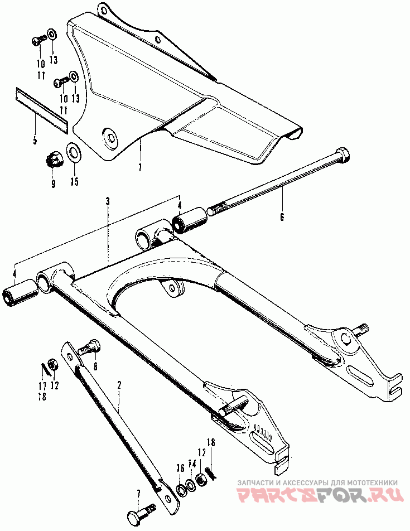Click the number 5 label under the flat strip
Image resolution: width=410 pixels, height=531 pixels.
point(35,141)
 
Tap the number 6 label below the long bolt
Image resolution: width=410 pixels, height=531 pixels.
point(282,216)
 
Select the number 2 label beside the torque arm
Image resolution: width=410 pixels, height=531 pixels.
point(119,385)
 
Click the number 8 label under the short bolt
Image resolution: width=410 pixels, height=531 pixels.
point(95,366)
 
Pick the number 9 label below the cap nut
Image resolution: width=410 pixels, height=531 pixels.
point(54,183)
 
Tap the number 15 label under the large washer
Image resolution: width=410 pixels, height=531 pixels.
point(75,181)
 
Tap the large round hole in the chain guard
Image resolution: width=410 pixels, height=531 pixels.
point(110,137)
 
